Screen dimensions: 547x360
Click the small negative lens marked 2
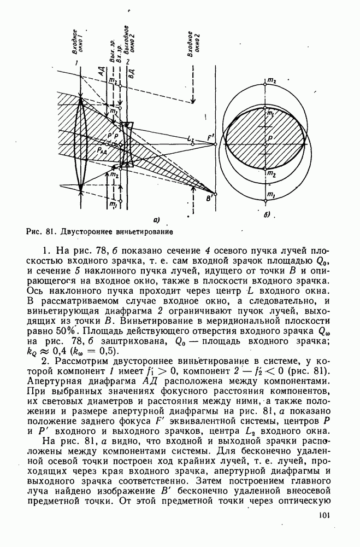127,143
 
